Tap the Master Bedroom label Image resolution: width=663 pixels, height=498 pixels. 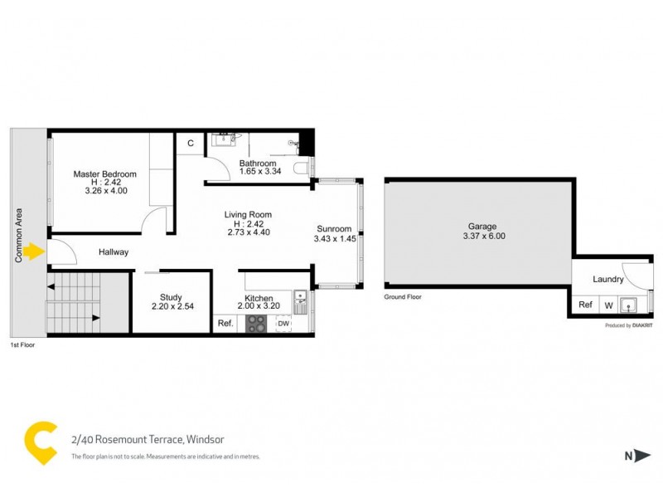[104, 174]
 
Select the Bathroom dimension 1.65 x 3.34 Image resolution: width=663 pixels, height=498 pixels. [258, 172]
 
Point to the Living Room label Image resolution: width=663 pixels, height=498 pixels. [248, 215]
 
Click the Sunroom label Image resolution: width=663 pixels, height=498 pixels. [334, 229]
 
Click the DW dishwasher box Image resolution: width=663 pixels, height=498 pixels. [283, 323]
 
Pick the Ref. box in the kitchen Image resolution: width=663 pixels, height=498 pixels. [225, 323]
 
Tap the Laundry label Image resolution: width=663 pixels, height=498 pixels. [608, 280]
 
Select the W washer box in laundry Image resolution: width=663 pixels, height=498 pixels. [608, 305]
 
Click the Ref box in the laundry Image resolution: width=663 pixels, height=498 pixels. [585, 305]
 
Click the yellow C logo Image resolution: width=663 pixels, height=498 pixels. [41, 442]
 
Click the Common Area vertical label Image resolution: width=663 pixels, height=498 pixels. [17, 235]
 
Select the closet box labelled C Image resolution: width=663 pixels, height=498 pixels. [190, 144]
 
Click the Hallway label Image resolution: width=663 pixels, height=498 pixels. [114, 252]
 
